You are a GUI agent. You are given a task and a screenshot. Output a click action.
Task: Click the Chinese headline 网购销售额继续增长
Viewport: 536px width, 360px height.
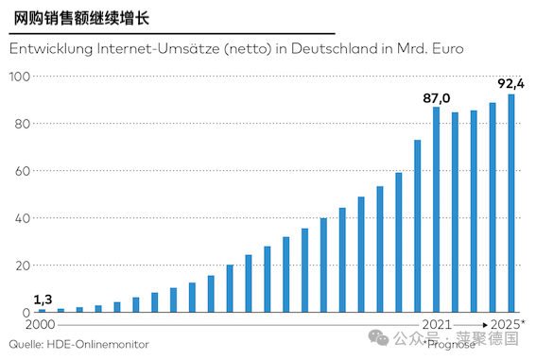[80, 17]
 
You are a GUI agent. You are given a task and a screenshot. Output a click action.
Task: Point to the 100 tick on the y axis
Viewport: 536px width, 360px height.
[19, 76]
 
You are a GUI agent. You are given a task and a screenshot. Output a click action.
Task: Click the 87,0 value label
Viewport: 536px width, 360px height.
[436, 97]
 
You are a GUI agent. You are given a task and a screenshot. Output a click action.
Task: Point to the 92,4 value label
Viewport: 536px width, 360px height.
[511, 84]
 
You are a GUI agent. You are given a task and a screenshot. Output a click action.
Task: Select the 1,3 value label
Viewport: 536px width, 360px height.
[42, 300]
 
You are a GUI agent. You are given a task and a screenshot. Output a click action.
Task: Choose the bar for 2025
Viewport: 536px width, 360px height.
[511, 203]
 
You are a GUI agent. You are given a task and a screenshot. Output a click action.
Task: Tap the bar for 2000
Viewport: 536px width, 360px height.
[42, 310]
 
